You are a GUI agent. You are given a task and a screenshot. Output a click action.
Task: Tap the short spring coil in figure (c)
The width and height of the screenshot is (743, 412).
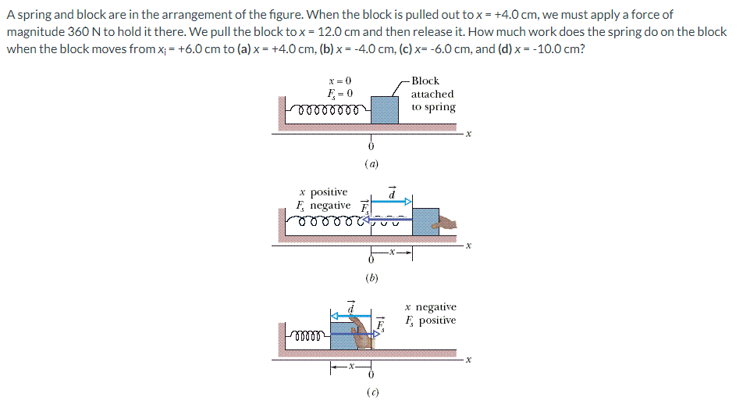tap(316, 337)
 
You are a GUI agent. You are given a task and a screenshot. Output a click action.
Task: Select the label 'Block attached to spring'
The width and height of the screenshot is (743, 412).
tap(432, 94)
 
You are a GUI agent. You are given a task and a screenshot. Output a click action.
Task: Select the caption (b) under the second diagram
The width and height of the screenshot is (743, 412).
tap(371, 277)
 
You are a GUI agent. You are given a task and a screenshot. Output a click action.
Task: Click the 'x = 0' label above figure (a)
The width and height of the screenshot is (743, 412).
tap(340, 81)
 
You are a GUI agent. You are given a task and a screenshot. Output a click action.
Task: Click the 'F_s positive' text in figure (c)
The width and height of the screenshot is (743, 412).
tap(431, 321)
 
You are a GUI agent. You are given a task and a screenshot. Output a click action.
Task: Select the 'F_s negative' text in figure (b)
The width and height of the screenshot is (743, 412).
tap(323, 205)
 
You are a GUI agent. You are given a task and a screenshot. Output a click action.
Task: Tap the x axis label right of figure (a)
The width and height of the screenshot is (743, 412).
tap(468, 134)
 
